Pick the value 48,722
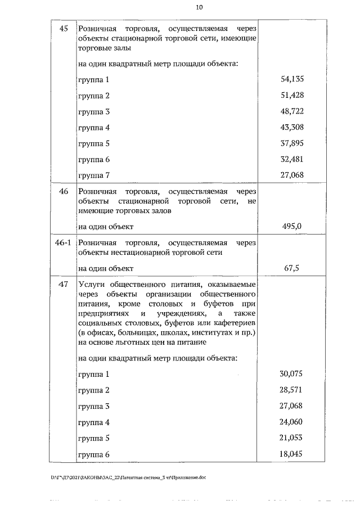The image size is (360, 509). point(292,111)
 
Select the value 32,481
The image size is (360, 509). point(292,159)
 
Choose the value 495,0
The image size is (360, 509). point(292,227)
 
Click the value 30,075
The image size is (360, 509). point(291,374)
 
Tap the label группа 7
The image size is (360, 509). point(93,175)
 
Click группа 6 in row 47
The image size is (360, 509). point(93,454)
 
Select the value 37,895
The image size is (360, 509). point(292,143)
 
